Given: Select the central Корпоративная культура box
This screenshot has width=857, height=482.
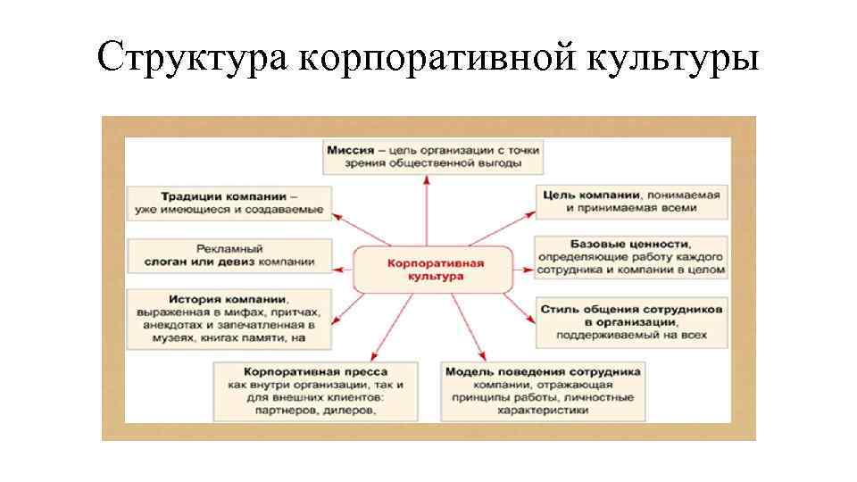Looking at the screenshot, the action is point(436,270).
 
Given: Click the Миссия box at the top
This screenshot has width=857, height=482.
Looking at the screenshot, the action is point(433,157).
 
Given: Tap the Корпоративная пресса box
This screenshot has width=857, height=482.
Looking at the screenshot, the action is point(315,389).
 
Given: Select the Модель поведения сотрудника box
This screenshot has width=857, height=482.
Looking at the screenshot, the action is point(543,389).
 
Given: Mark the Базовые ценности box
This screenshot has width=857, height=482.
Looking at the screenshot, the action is point(632,255).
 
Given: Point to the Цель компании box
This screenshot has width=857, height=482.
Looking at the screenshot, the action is point(632,202).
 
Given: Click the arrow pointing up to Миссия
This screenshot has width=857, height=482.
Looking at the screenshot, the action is point(428,209).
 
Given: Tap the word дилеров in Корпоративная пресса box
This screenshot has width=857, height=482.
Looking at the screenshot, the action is point(345,411).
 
